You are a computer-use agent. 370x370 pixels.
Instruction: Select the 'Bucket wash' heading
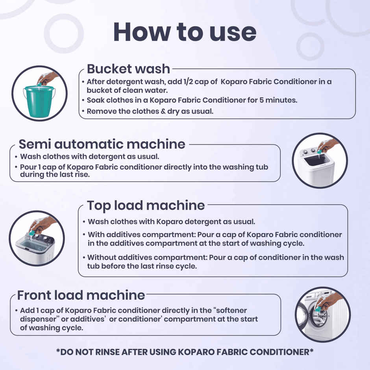point(128,69)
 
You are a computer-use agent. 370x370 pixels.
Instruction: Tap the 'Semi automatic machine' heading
point(102,144)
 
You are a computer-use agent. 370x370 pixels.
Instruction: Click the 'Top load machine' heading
point(146,205)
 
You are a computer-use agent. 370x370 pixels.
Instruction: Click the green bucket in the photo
point(38,101)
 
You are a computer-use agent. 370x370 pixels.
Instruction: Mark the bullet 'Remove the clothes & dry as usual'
point(150,111)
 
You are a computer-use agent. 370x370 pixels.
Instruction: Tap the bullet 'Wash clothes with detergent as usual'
point(89,157)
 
